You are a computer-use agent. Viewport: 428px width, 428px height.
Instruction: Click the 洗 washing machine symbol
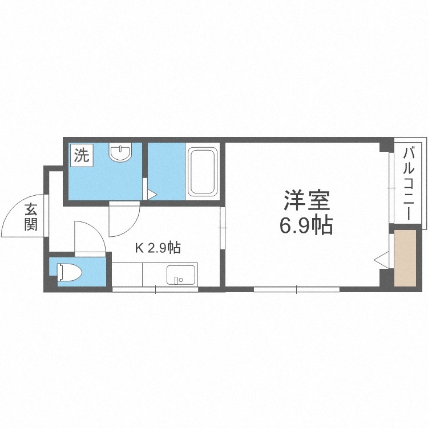coord(80,155)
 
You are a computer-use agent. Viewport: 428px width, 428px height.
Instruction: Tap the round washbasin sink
coord(120,152)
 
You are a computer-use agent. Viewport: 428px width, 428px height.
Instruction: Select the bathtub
coord(202,171)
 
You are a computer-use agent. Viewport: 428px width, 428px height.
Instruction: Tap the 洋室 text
coord(306,201)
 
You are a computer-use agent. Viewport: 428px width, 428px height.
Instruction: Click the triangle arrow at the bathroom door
coord(151,195)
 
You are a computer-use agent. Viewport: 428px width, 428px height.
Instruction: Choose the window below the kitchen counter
coord(155,289)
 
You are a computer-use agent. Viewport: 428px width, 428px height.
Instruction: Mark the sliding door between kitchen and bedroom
coord(223,228)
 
